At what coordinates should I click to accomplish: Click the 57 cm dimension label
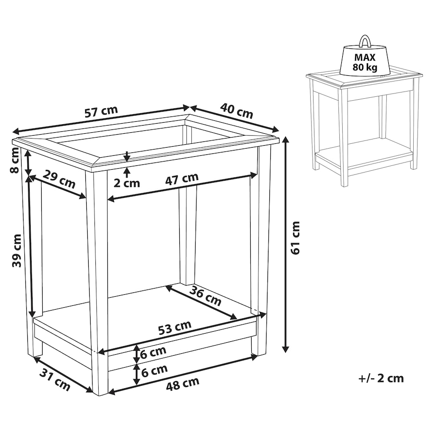coord(101,112)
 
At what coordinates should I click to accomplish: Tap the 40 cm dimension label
coord(236,111)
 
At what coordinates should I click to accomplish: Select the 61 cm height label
coord(295,238)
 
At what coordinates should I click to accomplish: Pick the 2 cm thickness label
coord(127,184)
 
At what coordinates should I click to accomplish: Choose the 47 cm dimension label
coord(182,179)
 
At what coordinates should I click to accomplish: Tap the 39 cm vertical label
coord(17,251)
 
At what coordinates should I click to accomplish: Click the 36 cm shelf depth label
coord(205,295)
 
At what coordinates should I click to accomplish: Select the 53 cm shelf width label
coord(174,328)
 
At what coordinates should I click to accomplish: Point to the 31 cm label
coord(55,380)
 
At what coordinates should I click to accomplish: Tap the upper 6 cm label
coord(153,353)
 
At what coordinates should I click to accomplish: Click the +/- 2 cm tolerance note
coord(381,378)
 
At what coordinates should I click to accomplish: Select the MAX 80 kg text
coord(365,62)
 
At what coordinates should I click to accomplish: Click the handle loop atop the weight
coord(364,41)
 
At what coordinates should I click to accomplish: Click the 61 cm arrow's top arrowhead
coord(286,140)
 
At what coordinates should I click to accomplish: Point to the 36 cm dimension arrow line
coord(201,302)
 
